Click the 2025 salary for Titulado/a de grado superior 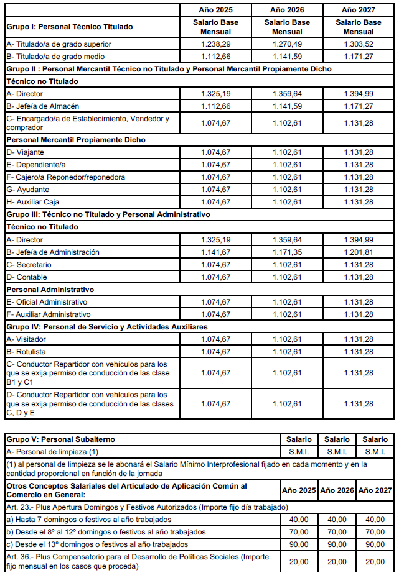(215, 44)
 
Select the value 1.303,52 (359, 44)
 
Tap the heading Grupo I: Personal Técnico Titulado (69, 27)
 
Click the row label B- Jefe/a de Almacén (43, 106)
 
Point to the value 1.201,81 (359, 252)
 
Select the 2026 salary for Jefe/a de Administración (287, 252)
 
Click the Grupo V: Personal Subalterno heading (60, 439)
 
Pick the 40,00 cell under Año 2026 (337, 520)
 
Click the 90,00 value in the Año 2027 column (375, 544)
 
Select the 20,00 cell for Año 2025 (298, 562)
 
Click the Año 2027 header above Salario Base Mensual (359, 11)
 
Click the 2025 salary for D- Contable (215, 277)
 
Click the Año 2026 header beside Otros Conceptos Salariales (337, 490)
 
